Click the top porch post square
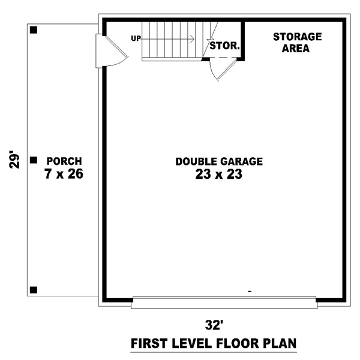pyautogui.click(x=34, y=30)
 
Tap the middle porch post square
pyautogui.click(x=34, y=160)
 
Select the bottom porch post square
pyautogui.click(x=34, y=290)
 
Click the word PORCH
pyautogui.click(x=64, y=161)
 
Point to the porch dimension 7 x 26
pyautogui.click(x=64, y=174)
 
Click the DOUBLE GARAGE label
pyautogui.click(x=219, y=161)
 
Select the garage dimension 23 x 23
pyautogui.click(x=219, y=174)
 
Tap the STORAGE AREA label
pyautogui.click(x=297, y=43)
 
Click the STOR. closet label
pyautogui.click(x=224, y=46)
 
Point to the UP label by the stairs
pyautogui.click(x=136, y=38)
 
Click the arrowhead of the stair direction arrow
pyautogui.click(x=193, y=39)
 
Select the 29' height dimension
pyautogui.click(x=14, y=160)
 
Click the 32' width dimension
pyautogui.click(x=214, y=325)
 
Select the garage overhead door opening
pyautogui.click(x=224, y=302)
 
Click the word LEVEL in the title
pyautogui.click(x=191, y=343)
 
